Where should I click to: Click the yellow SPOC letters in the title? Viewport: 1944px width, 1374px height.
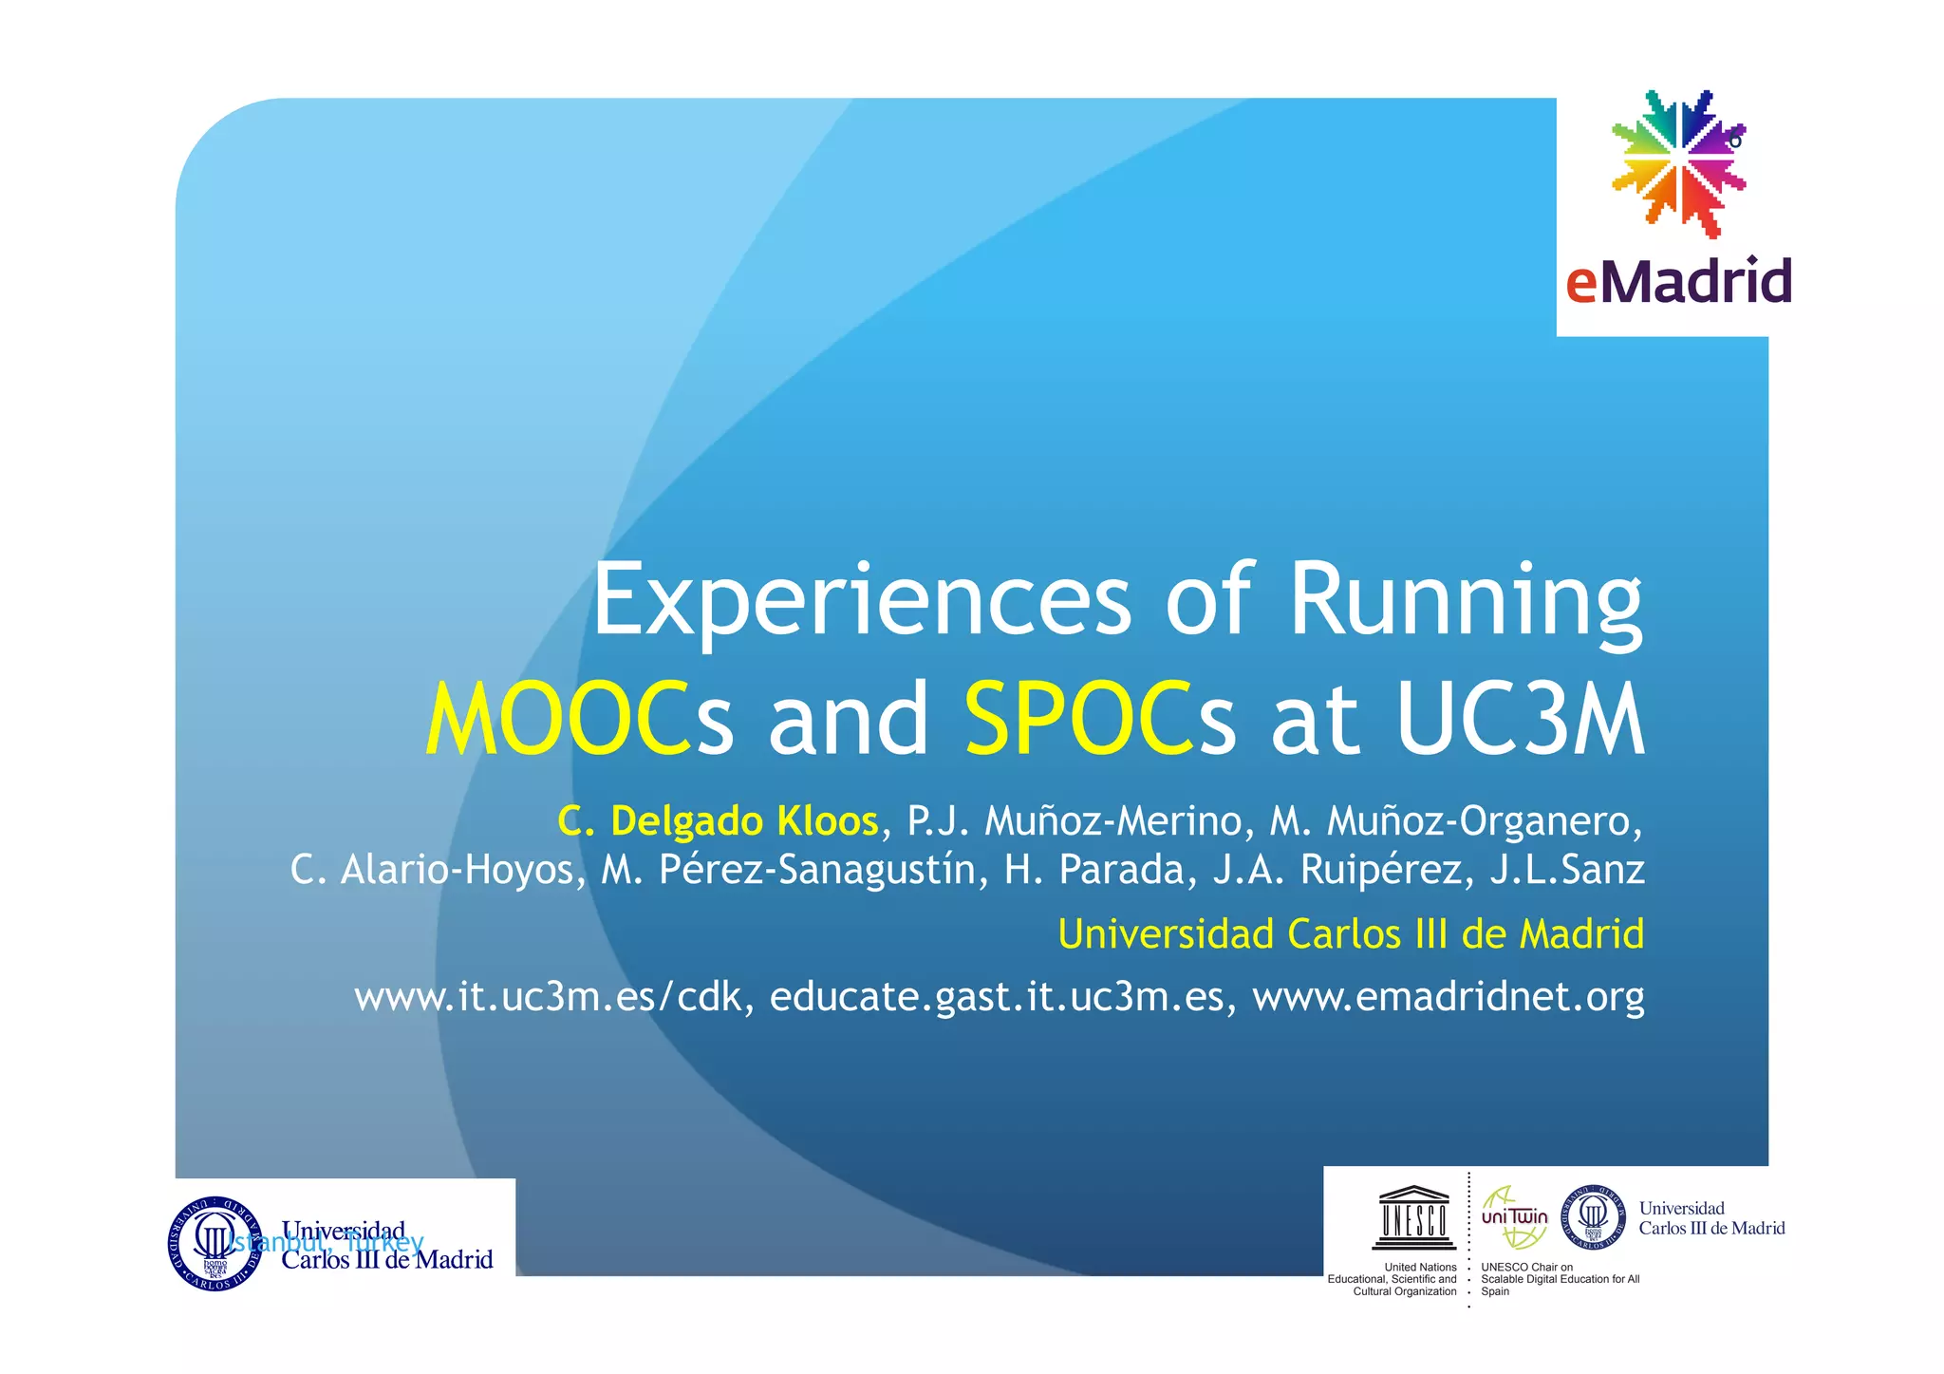pos(1079,719)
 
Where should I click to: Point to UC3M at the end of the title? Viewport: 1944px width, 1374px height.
pos(1521,719)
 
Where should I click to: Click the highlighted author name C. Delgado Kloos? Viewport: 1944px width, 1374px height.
pos(718,821)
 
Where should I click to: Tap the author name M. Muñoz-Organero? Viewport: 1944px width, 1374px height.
pos(1456,821)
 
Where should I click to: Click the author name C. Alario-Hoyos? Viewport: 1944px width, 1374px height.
pos(438,870)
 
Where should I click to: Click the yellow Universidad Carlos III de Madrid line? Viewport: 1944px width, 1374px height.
pos(1351,934)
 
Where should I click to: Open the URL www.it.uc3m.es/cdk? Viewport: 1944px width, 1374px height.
pos(547,997)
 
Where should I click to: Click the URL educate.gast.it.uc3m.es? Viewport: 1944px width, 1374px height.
pos(997,997)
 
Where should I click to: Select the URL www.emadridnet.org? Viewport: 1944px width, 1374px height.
pos(1448,997)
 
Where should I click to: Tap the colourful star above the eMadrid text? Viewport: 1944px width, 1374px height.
pos(1679,163)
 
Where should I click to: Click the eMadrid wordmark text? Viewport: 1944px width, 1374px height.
pos(1678,281)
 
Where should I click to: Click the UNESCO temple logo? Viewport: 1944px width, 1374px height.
pos(1413,1217)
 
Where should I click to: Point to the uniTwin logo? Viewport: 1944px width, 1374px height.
pos(1514,1217)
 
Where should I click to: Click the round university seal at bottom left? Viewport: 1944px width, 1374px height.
pos(215,1243)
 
